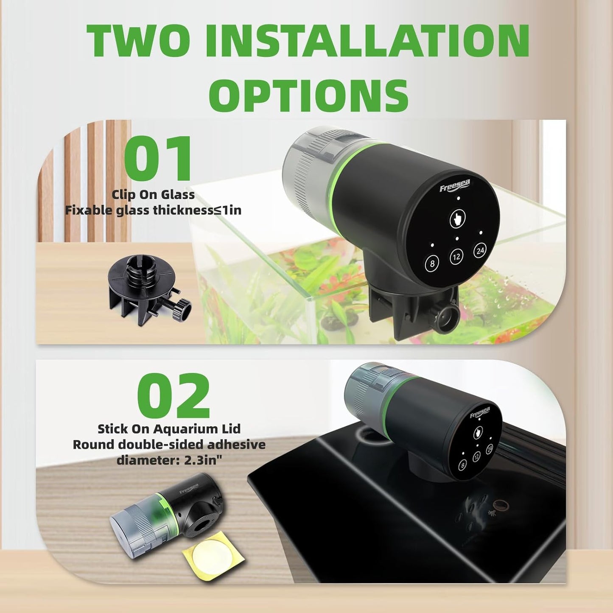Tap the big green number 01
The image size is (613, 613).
point(158,158)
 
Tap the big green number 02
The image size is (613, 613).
point(174,395)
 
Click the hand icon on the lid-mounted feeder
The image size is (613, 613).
point(478,432)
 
